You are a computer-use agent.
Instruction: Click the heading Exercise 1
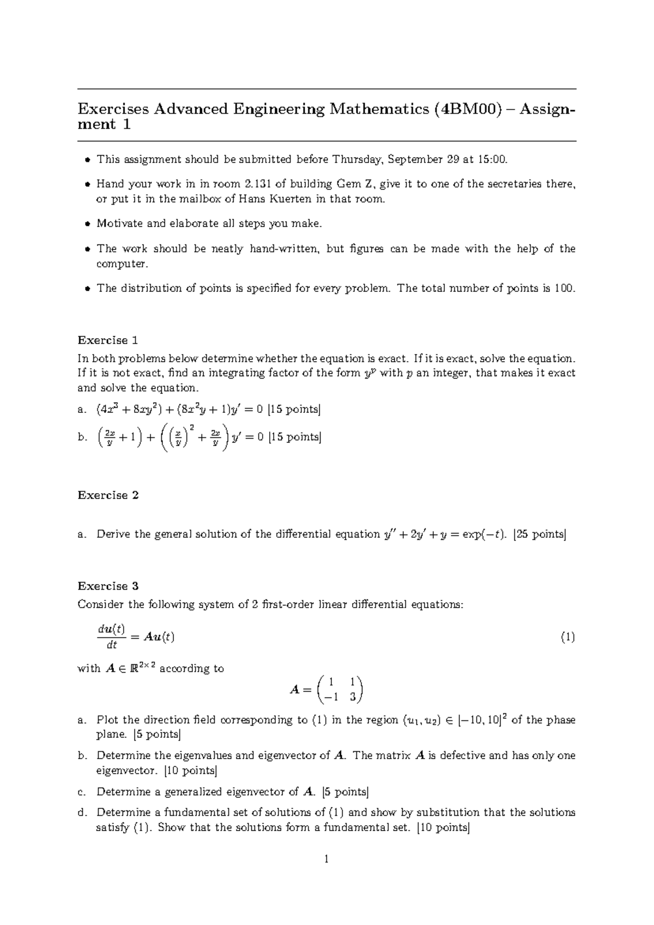pyautogui.click(x=108, y=340)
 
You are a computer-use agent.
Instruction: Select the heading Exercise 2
pyautogui.click(x=108, y=495)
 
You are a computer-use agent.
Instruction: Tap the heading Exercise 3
pyautogui.click(x=108, y=586)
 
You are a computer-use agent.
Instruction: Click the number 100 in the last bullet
pyautogui.click(x=564, y=288)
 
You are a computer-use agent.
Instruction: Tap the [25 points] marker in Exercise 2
pyautogui.click(x=540, y=534)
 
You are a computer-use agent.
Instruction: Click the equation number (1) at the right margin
pyautogui.click(x=568, y=637)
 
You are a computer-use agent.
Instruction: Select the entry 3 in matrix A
pyautogui.click(x=353, y=696)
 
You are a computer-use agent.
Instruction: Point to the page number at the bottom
pyautogui.click(x=326, y=860)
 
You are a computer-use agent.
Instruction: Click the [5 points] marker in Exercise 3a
pyautogui.click(x=157, y=734)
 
